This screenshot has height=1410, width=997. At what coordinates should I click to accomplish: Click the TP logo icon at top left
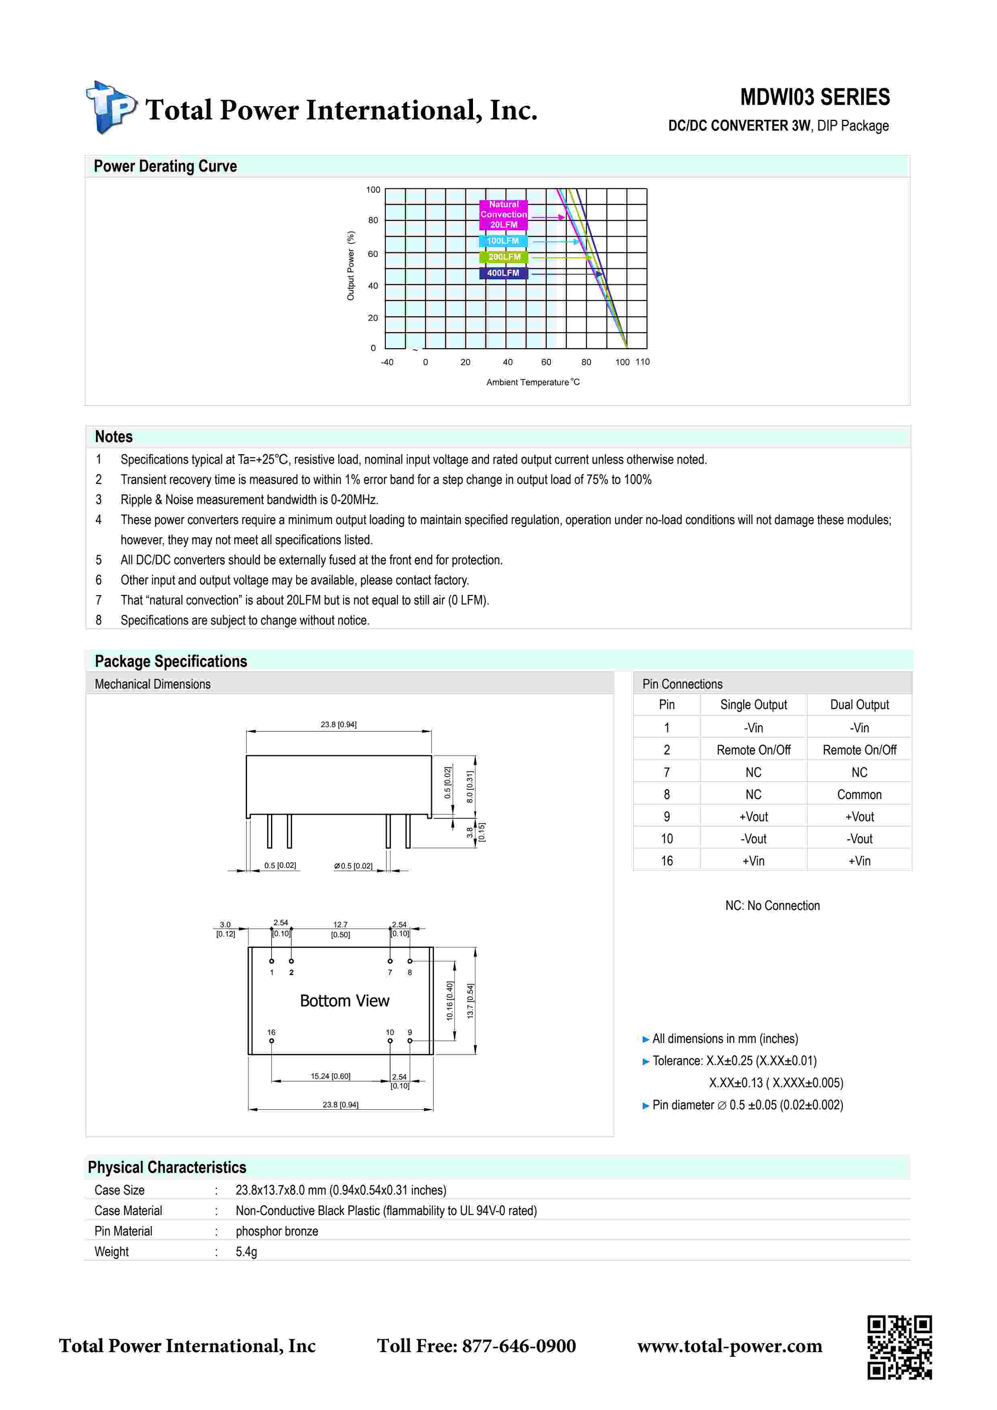[x=111, y=107]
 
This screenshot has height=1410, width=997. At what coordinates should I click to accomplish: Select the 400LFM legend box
[x=503, y=273]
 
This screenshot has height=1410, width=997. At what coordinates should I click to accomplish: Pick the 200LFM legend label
[x=504, y=257]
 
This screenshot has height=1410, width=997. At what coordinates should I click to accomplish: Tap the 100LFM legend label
[x=503, y=241]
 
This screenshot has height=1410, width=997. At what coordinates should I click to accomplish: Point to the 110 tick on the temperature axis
[x=643, y=362]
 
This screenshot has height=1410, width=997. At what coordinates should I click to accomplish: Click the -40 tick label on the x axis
[x=387, y=362]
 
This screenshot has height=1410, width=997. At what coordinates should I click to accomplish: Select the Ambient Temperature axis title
[x=532, y=382]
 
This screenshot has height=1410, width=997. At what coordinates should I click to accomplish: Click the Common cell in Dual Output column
[x=859, y=795]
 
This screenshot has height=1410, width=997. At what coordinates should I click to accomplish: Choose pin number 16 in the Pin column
[x=666, y=861]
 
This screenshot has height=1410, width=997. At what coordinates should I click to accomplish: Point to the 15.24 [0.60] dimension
[x=331, y=1076]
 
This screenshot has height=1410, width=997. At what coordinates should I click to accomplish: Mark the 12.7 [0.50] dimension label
[x=340, y=929]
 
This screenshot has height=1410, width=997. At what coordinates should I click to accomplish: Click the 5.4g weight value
[x=246, y=1252]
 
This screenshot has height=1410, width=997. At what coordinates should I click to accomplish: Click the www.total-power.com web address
[x=729, y=1346]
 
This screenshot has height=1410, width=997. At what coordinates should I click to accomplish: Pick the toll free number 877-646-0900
[x=518, y=1346]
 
